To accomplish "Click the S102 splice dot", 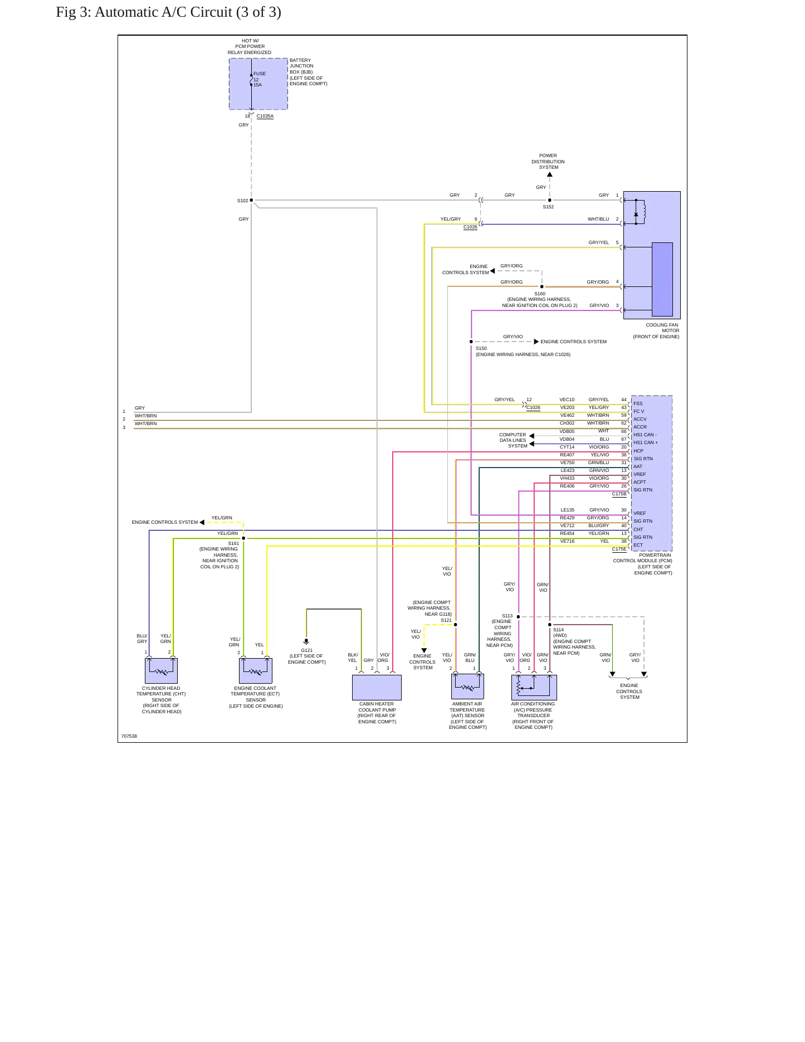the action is click(251, 200).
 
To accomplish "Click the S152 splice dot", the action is click(550, 200).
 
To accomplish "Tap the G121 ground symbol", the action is click(306, 642).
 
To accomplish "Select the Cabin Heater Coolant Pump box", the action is click(377, 688).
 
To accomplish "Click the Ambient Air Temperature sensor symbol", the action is click(467, 686).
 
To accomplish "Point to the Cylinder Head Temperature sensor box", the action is click(161, 671).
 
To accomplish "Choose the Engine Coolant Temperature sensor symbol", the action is click(256, 671).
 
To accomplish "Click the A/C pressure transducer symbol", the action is click(534, 688).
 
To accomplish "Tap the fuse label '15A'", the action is click(257, 85).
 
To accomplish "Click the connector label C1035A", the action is click(265, 116).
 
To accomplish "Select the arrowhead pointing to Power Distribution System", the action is click(550, 174).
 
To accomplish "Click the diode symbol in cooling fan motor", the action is click(636, 215).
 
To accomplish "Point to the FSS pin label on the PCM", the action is click(638, 403).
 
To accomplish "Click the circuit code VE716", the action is click(567, 541).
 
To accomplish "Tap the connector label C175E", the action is click(619, 549).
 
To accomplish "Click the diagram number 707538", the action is click(129, 736).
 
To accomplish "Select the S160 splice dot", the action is click(542, 287).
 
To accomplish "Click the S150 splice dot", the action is click(471, 342).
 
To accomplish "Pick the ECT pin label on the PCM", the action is click(638, 545).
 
